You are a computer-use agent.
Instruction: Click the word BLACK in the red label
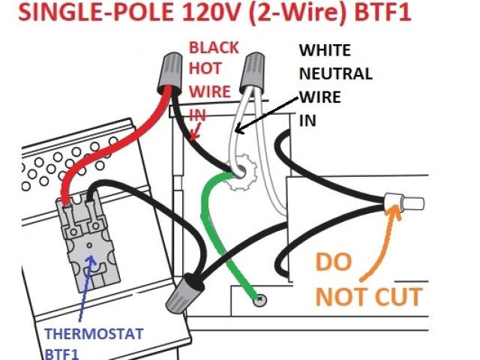tap(213, 47)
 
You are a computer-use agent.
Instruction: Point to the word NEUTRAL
tap(335, 74)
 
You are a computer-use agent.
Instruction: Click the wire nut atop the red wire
tap(172, 72)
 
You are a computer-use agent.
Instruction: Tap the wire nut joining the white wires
tap(251, 77)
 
